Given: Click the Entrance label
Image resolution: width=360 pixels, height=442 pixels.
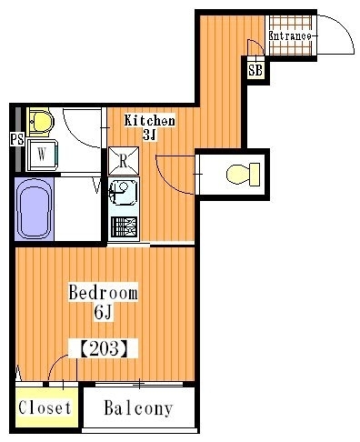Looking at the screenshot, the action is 290,36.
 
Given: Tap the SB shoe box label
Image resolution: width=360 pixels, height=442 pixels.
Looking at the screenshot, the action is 255,70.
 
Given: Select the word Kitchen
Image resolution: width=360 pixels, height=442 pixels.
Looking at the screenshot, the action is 149,120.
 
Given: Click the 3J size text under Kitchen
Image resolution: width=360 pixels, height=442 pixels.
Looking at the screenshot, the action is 149,135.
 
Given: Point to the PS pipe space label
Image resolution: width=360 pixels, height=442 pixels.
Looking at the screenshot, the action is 17,140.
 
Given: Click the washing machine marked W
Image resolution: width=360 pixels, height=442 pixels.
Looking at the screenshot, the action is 42,155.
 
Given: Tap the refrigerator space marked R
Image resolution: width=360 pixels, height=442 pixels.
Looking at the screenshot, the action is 124,161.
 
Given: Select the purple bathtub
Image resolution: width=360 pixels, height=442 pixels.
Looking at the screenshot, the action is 34,209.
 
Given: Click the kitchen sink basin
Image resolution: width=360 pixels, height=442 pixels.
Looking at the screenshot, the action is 124,192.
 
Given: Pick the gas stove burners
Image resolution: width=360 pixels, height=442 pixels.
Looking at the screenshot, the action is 125,226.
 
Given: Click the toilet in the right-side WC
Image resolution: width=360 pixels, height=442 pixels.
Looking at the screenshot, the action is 243,175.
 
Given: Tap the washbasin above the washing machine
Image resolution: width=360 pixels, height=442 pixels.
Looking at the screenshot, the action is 40,122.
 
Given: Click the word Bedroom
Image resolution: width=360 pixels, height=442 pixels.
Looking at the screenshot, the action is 103,292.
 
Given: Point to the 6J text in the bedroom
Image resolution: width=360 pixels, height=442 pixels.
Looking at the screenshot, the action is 103,312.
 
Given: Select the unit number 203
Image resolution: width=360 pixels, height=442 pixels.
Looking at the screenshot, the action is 103,348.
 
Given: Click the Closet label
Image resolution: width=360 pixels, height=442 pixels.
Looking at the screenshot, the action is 45,407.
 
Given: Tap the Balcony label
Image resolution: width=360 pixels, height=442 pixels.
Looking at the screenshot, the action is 138,407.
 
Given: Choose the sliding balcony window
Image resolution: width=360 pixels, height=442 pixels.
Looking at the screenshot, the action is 139,384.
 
